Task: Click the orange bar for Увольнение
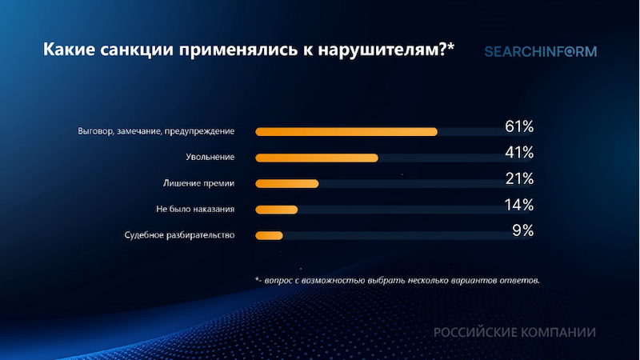click(316, 158)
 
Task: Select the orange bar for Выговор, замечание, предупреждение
click(346, 131)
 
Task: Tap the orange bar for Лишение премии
click(286, 184)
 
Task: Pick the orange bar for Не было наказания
click(276, 210)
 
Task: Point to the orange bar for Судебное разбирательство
click(269, 235)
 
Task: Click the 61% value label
click(518, 127)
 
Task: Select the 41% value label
click(518, 153)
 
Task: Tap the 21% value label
click(518, 179)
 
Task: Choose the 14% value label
click(518, 205)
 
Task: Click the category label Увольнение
click(210, 158)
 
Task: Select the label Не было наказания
click(195, 210)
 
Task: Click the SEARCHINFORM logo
click(540, 52)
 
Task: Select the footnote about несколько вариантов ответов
click(397, 281)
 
